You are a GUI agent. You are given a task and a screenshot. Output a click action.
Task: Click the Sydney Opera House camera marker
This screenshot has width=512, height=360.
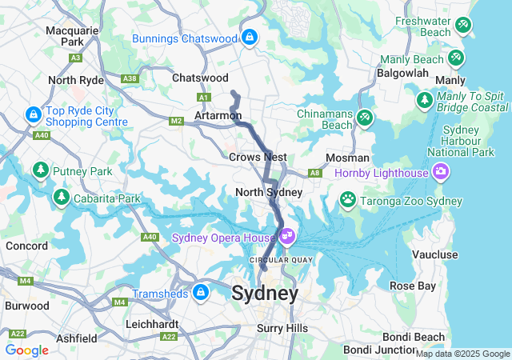287,238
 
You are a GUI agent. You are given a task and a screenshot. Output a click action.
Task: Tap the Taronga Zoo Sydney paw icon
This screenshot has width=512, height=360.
348,198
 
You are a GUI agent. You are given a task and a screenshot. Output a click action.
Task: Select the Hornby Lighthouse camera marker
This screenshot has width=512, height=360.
440,172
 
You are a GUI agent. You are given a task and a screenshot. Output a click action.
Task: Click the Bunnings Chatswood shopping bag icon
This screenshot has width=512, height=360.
250,37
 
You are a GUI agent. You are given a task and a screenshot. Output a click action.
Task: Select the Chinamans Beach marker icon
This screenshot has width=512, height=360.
364,118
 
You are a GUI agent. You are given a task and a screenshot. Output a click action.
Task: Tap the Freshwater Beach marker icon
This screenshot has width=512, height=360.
463,26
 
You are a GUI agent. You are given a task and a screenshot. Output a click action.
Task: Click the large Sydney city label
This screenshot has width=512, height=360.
265,293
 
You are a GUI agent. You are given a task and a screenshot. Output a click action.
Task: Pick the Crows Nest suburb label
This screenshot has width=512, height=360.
258,158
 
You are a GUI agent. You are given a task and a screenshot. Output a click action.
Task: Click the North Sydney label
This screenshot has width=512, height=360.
269,192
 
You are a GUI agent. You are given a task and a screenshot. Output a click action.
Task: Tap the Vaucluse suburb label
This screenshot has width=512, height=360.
434,254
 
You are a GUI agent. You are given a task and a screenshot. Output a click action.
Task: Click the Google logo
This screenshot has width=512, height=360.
27,350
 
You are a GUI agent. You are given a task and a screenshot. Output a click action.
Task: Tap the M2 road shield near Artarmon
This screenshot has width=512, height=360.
177,121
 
